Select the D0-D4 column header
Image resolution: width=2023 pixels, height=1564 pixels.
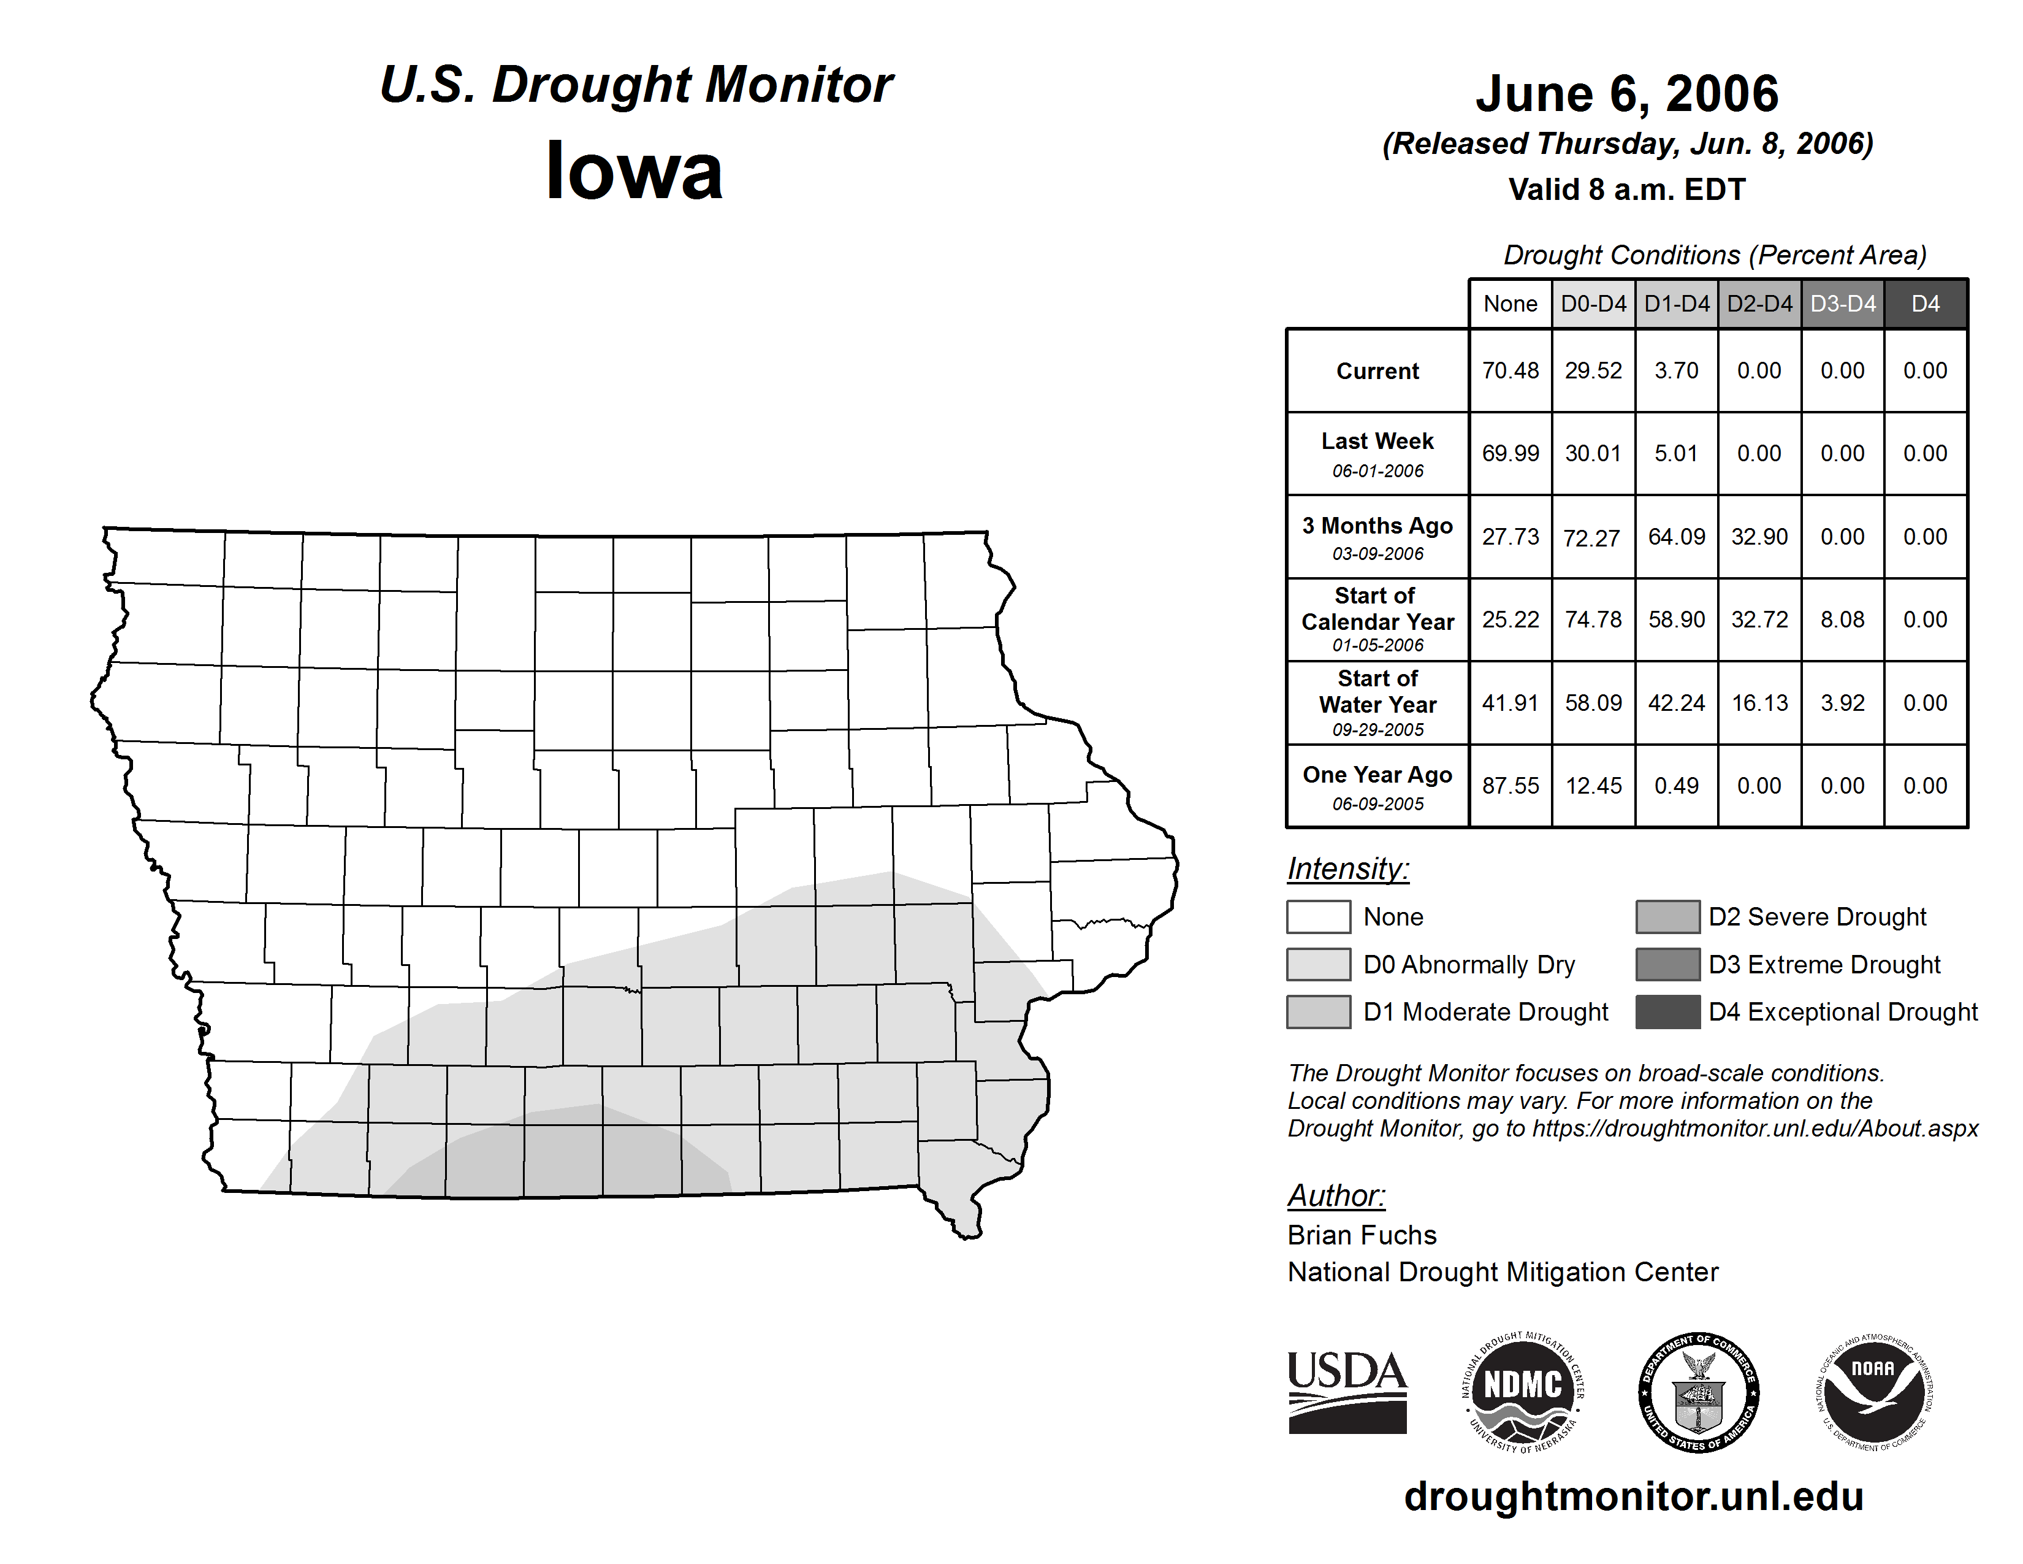pyautogui.click(x=1593, y=304)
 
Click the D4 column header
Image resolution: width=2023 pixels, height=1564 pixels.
pyautogui.click(x=1925, y=304)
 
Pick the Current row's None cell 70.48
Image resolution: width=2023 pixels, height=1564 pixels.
pyautogui.click(x=1510, y=370)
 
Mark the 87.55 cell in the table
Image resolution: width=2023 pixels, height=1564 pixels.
pyautogui.click(x=1510, y=786)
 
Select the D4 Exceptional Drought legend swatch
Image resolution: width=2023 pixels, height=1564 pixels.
pyautogui.click(x=1667, y=1012)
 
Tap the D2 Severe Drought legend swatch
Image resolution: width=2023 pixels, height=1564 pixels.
pyautogui.click(x=1667, y=916)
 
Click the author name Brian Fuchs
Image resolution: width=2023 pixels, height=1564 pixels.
pyautogui.click(x=1362, y=1235)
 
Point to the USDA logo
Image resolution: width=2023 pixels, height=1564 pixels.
pyautogui.click(x=1347, y=1392)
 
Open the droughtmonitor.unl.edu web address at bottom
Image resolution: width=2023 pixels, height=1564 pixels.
pyautogui.click(x=1633, y=1497)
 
